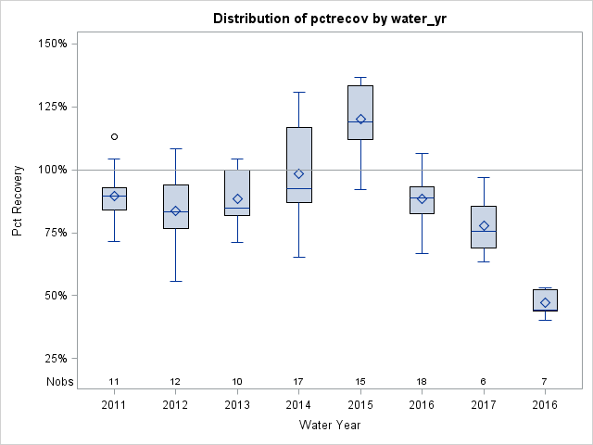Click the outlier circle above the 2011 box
(114, 136)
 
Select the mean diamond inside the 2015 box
(360, 119)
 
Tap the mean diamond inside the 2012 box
(175, 210)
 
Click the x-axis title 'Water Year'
(330, 425)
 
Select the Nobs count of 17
(298, 382)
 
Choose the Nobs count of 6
(484, 382)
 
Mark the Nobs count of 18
(422, 382)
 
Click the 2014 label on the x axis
(298, 404)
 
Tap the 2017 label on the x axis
(484, 404)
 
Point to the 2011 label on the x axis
(114, 404)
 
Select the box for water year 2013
(237, 192)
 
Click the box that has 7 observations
(545, 299)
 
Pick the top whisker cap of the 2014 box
(298, 92)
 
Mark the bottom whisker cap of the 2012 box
(175, 281)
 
